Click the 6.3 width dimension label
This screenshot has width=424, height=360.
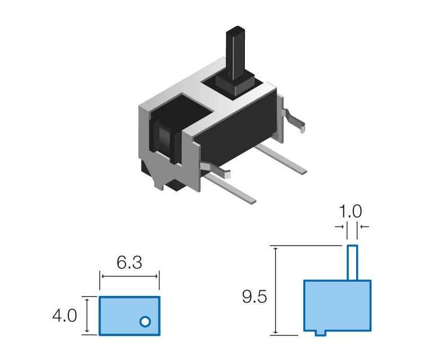(129, 263)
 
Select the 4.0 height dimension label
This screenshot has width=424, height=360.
(65, 316)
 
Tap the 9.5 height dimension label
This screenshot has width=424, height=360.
(254, 296)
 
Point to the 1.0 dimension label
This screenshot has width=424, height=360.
(350, 211)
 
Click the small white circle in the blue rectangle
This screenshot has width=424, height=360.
(145, 322)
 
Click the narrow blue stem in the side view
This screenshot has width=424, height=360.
(352, 263)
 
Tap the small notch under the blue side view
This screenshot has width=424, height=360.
(321, 333)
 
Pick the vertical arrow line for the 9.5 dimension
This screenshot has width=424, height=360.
(276, 291)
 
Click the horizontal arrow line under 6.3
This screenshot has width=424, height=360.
(129, 276)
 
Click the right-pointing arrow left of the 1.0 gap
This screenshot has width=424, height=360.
(339, 227)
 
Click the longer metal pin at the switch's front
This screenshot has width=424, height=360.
(229, 188)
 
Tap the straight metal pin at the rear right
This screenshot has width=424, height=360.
(280, 159)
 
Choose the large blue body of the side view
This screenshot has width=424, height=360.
(337, 305)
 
